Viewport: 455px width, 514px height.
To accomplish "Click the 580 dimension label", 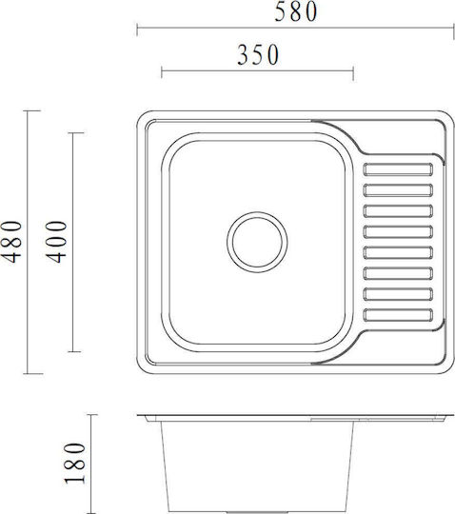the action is coord(296,11).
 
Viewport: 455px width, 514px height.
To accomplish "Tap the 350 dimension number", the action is coord(258,55).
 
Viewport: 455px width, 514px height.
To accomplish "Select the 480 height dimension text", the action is coord(11,242).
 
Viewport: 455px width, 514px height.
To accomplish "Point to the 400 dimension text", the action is coord(56,242).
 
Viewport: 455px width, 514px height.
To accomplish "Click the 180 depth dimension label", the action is coord(75,464).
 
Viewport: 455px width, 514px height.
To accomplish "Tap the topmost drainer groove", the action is coord(398,169).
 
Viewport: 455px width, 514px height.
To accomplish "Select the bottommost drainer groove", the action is coord(398,315).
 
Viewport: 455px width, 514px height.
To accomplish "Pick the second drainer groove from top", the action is coord(398,190).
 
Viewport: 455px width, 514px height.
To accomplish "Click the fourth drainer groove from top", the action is coord(398,231).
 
